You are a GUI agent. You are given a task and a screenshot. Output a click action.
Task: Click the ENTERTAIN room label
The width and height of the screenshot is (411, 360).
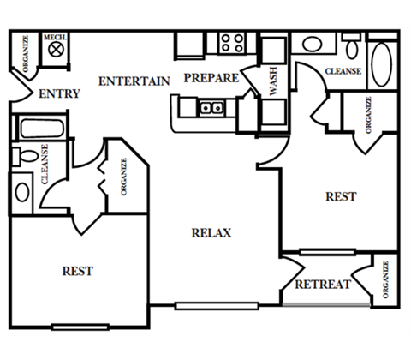coord(134,81)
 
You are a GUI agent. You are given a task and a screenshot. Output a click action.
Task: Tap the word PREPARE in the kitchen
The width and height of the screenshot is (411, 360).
coord(211,78)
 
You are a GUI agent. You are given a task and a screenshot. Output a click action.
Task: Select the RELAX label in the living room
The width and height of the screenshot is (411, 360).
coord(211,233)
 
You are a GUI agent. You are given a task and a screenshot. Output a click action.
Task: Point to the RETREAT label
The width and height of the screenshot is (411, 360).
coord(323,285)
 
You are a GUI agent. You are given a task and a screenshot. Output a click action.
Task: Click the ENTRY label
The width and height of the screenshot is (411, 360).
coord(59,93)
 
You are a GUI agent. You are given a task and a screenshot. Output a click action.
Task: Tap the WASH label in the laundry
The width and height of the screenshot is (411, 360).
coord(273,81)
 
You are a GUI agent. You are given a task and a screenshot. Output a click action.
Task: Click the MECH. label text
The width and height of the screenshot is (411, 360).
coord(55,37)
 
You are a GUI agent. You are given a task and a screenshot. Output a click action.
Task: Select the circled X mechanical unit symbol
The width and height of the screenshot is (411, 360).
coord(56,50)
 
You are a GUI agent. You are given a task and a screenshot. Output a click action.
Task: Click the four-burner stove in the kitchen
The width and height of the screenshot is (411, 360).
coord(233,43)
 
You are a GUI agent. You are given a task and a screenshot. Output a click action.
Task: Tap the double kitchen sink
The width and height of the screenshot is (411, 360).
coord(211,108)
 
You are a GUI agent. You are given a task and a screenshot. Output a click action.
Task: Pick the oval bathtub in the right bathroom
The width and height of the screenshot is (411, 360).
coord(382,64)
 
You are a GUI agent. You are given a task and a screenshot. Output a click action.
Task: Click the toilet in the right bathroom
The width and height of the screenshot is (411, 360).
coord(352,46)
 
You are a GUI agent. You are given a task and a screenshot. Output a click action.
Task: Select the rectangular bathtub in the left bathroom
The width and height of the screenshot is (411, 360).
coord(42,129)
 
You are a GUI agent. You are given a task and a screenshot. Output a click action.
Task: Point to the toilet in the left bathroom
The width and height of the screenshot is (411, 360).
coord(25,156)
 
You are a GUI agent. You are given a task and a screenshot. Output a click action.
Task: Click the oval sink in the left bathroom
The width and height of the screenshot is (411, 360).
coord(22,192)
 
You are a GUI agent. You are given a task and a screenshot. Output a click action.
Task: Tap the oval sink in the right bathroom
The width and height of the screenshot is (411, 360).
coord(313,44)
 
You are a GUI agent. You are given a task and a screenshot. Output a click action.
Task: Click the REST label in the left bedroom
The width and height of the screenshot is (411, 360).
coord(78,271)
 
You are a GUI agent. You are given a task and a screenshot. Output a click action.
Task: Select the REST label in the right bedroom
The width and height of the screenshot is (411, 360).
coord(341,196)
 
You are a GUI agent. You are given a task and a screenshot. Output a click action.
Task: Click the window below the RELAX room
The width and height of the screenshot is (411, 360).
coord(217,306)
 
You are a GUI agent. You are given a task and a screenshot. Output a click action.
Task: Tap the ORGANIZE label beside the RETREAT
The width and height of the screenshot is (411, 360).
coord(385,280)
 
